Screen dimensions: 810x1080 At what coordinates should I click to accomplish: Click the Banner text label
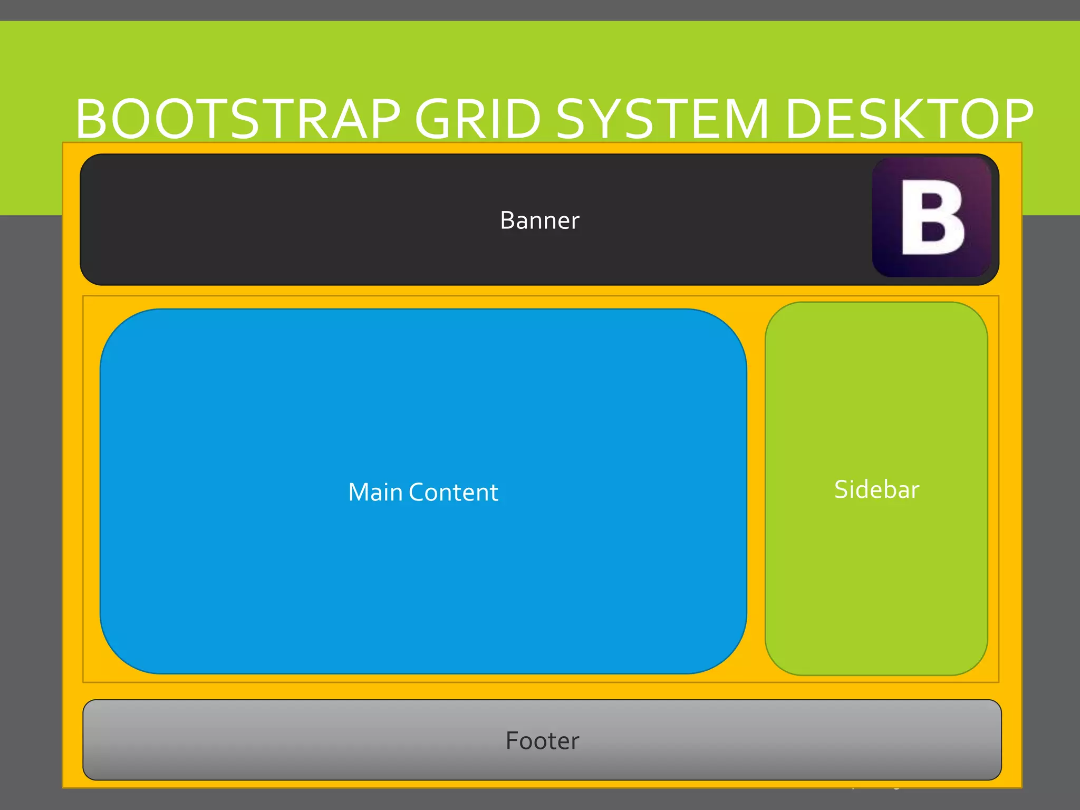[539, 220]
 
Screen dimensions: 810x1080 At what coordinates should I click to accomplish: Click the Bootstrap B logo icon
[932, 217]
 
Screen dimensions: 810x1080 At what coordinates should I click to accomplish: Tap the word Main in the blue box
[375, 493]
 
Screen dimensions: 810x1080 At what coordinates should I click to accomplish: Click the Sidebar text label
[876, 489]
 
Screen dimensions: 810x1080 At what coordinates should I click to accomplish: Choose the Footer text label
[542, 741]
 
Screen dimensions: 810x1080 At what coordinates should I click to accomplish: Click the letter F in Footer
[513, 741]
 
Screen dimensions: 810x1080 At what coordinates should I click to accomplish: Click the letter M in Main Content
[360, 493]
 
